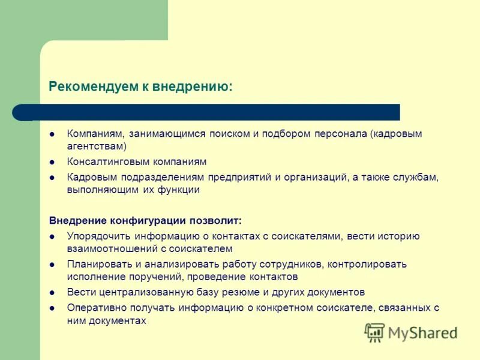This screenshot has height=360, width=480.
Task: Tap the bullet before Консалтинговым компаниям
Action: (52, 162)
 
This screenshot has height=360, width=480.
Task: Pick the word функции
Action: (180, 190)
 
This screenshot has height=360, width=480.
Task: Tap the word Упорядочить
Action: (99, 236)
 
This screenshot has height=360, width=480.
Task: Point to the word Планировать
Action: (98, 265)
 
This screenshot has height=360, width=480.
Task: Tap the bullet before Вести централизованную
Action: (52, 293)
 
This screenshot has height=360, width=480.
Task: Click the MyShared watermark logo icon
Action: (374, 332)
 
